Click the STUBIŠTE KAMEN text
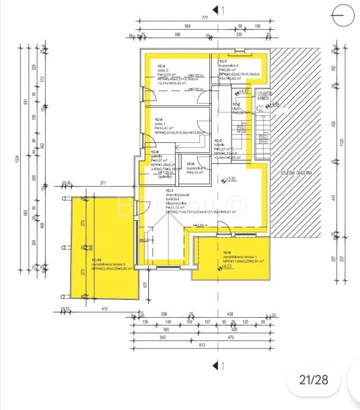pyautogui.click(x=264, y=96)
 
